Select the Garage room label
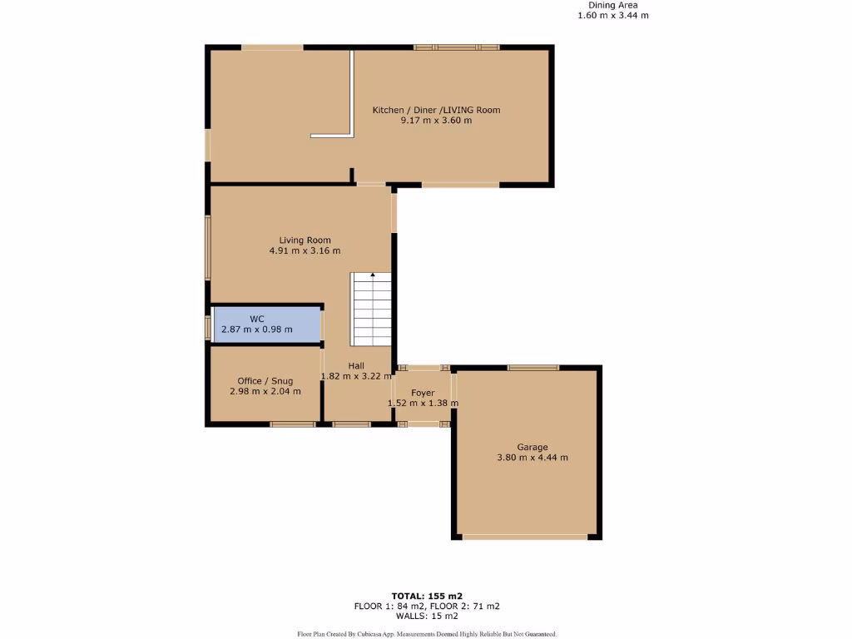tap(532, 447)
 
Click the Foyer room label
tap(423, 393)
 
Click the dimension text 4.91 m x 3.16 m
tap(305, 250)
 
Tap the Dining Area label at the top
tap(613, 5)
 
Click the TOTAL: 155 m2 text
tap(425, 596)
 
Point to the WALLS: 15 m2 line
tap(425, 616)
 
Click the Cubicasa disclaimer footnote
tap(425, 634)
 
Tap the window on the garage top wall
tap(533, 367)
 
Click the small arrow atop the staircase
tap(373, 274)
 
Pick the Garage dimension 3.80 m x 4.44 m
tap(532, 458)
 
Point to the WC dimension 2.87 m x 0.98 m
tap(257, 329)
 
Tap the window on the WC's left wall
tap(208, 326)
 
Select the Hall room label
tap(356, 365)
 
